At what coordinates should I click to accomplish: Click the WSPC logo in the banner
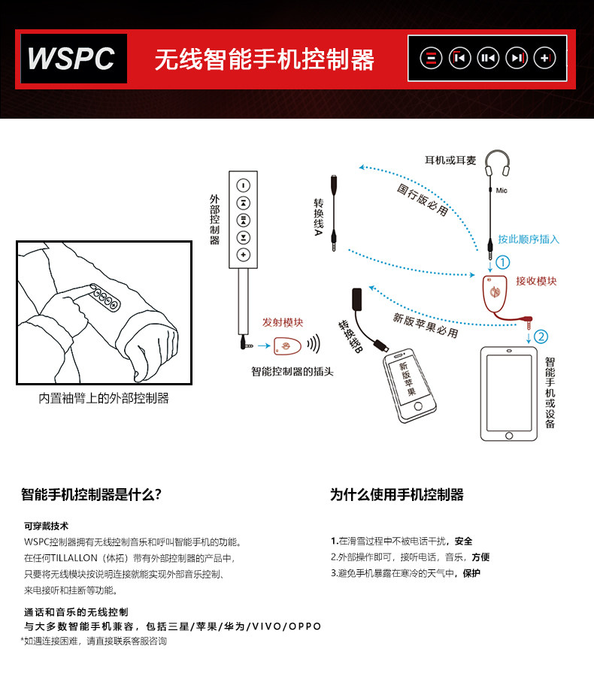click(72, 58)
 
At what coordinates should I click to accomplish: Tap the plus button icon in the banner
click(544, 57)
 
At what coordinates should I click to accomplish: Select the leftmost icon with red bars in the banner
click(430, 57)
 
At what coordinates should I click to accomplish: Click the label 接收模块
click(537, 281)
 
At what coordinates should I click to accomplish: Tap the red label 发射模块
click(283, 322)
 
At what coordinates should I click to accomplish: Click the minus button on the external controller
click(244, 186)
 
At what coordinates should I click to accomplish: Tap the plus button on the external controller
click(244, 255)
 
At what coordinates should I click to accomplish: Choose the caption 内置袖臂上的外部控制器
click(104, 398)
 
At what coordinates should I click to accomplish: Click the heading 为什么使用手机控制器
click(397, 494)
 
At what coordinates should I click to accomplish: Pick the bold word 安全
click(464, 541)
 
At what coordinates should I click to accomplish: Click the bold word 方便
click(480, 557)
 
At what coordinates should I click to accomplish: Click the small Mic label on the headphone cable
click(502, 191)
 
